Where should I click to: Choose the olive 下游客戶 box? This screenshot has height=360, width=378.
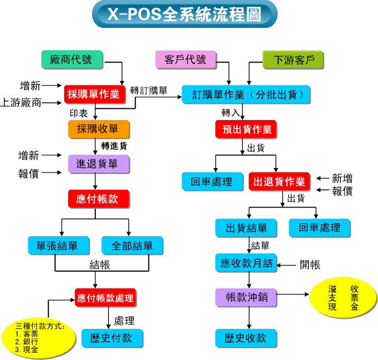[293, 60]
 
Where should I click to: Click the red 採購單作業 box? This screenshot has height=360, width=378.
[94, 94]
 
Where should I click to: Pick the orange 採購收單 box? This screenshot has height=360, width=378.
[98, 129]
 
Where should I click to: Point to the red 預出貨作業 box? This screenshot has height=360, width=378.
[245, 130]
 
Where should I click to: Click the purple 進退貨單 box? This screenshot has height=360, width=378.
[98, 164]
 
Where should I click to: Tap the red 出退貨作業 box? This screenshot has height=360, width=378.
[279, 181]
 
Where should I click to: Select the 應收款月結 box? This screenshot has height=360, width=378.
[246, 263]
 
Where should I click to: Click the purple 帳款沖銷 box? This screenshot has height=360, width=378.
[246, 297]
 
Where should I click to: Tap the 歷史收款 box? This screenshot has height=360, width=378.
[246, 338]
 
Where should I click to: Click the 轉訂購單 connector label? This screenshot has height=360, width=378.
[148, 90]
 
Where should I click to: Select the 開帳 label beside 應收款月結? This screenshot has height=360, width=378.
[309, 264]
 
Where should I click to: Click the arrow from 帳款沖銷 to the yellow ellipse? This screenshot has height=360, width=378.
[292, 294]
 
